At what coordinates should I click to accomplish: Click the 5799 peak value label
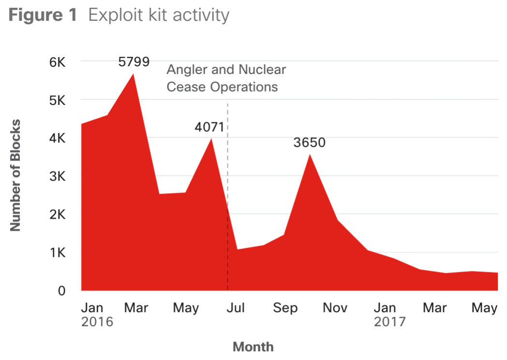(134, 62)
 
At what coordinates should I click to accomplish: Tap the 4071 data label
(209, 127)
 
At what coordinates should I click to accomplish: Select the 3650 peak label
(310, 143)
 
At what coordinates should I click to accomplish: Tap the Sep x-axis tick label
(285, 308)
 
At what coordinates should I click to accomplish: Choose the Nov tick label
(335, 308)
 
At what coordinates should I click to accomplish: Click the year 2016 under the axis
(97, 322)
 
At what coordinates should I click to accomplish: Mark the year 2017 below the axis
(389, 322)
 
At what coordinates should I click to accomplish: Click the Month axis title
(253, 346)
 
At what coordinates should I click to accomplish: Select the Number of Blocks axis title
(16, 175)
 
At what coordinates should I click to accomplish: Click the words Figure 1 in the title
(43, 15)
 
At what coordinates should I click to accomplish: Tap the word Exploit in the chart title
(113, 15)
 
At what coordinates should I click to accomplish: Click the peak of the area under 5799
(133, 74)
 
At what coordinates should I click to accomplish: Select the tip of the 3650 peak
(310, 154)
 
